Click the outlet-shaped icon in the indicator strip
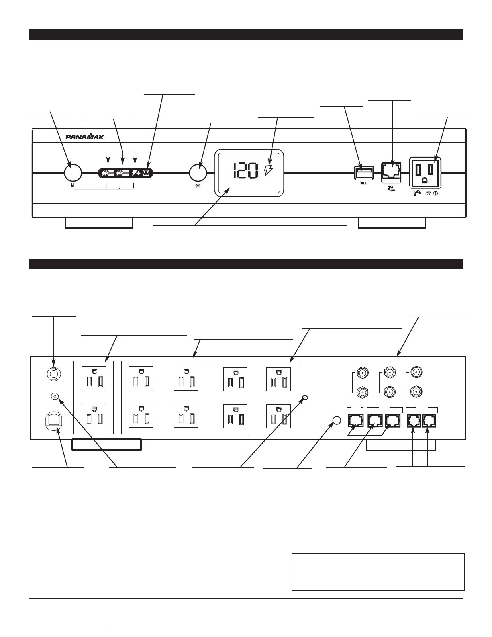click(x=146, y=173)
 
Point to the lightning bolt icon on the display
click(x=268, y=170)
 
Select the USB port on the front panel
click(x=364, y=172)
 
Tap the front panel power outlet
click(x=425, y=172)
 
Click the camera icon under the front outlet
click(x=428, y=193)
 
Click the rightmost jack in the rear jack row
click(x=429, y=420)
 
